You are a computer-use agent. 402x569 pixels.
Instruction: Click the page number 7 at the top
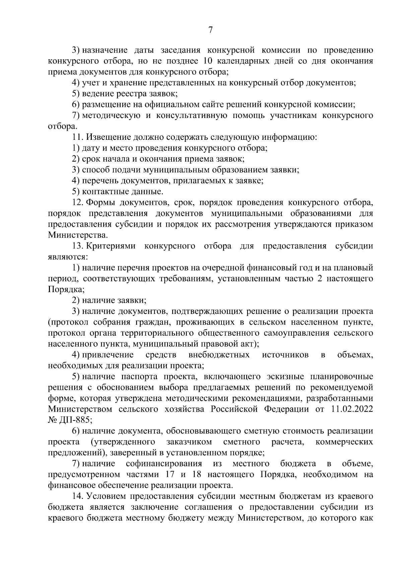pyautogui.click(x=210, y=31)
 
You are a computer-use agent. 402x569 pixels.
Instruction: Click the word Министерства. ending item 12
pyautogui.click(x=78, y=235)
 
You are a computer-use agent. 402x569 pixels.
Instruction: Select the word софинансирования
pyautogui.click(x=164, y=464)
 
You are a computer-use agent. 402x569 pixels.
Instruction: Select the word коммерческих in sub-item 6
pyautogui.click(x=344, y=442)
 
